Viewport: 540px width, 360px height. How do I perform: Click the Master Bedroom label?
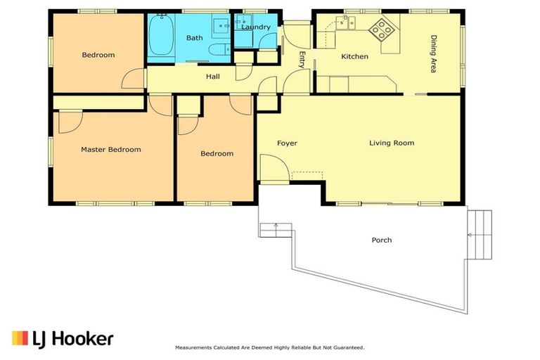tap(111, 150)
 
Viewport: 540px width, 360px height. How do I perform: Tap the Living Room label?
tap(392, 143)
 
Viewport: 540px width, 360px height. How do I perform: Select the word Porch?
tap(382, 240)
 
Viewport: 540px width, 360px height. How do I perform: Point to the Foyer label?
tap(287, 143)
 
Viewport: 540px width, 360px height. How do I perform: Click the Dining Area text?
tap(434, 53)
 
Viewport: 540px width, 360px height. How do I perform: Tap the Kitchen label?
tap(354, 56)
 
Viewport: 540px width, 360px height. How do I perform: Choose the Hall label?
tap(213, 77)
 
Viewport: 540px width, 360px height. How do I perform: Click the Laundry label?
tap(256, 27)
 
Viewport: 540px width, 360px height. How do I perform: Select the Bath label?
tap(195, 38)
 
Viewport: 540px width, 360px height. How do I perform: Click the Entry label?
tap(302, 60)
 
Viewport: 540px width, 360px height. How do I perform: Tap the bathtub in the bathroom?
tap(161, 34)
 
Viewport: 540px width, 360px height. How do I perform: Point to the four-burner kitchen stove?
tap(382, 30)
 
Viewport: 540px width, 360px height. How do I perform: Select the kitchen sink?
tap(345, 22)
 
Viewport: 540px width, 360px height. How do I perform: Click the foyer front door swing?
tap(274, 168)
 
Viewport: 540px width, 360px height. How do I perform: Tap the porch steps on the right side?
tap(480, 235)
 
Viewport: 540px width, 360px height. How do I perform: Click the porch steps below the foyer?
tap(276, 230)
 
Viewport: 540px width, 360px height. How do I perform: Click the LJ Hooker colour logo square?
tap(20, 338)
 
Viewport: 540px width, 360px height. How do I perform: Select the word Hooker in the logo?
tap(84, 339)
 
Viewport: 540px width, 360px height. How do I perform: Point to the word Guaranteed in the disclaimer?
tap(349, 348)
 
